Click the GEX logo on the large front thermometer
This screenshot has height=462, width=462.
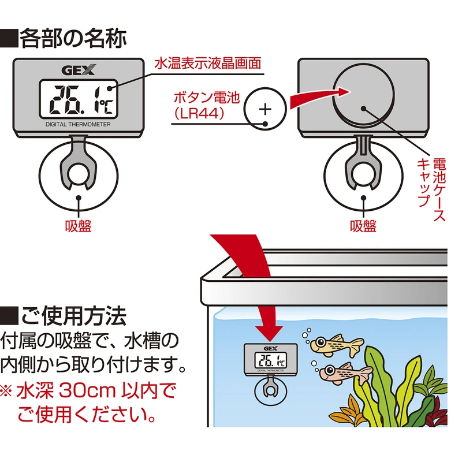(x=79, y=70)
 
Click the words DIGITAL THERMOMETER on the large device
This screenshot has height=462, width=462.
(x=78, y=124)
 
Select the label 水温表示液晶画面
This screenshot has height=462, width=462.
(x=208, y=64)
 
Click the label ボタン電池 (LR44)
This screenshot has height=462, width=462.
(x=206, y=105)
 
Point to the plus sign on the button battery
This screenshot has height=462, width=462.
(x=265, y=109)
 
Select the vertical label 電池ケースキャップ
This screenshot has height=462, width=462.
(x=431, y=189)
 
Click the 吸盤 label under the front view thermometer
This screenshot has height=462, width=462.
(x=79, y=226)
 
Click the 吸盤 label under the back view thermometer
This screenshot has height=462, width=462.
(x=363, y=226)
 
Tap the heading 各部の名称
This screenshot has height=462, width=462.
(x=64, y=38)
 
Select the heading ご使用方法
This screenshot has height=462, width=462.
(x=64, y=316)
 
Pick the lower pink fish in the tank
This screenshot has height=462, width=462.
(x=345, y=372)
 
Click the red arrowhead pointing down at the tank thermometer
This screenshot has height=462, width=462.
(x=269, y=333)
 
